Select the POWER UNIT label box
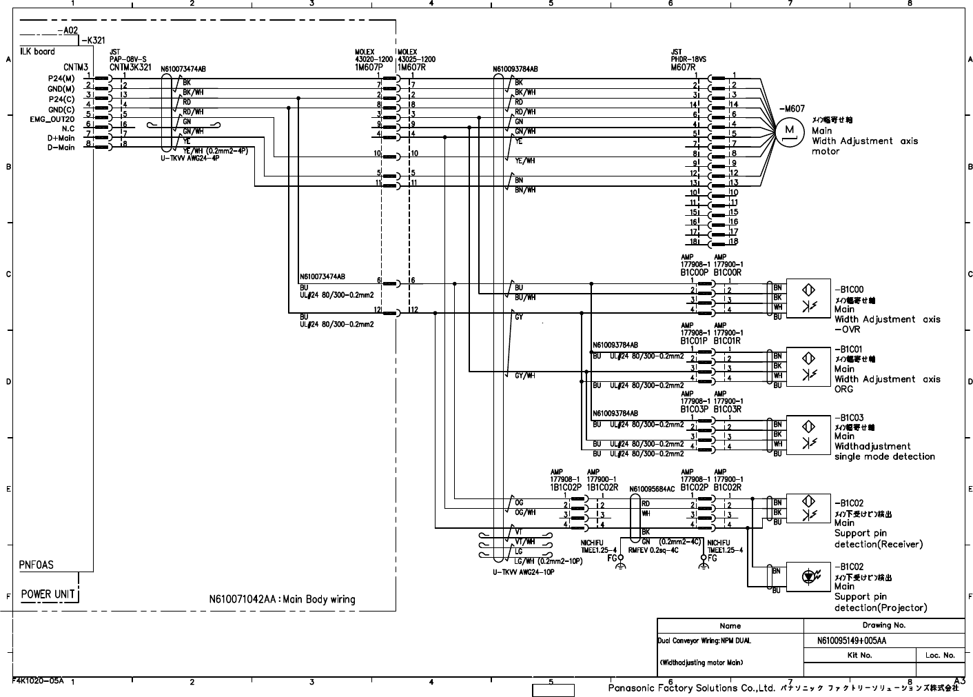[47, 594]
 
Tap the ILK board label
[38, 52]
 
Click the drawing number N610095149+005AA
[851, 640]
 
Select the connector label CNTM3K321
[130, 68]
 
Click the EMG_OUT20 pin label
[52, 119]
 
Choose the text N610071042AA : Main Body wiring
[282, 599]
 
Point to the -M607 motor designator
[791, 109]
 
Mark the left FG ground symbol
[620, 565]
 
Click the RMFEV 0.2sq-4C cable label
[653, 550]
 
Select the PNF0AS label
[37, 565]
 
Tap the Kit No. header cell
[859, 655]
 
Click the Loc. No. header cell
[940, 655]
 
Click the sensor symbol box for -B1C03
[809, 434]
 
